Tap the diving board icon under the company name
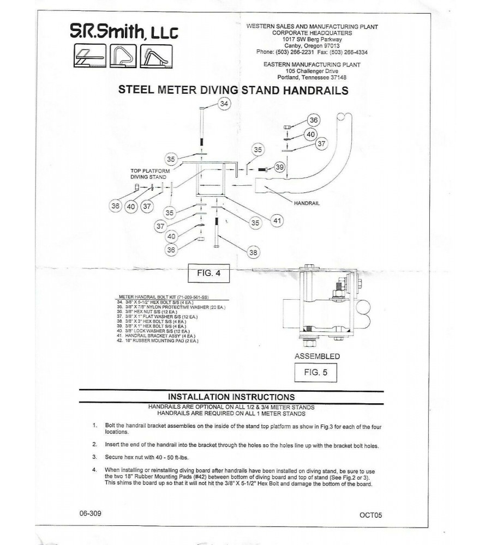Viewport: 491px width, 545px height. pos(88,56)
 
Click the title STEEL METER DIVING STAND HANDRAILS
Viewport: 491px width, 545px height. pos(233,90)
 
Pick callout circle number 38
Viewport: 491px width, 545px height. pos(253,252)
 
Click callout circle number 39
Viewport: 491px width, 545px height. pos(279,167)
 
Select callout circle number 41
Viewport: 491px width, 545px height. pos(278,221)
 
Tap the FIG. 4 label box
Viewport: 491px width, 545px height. pos(208,274)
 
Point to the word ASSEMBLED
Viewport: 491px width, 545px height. pos(317,356)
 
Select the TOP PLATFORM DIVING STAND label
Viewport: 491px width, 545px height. pos(148,173)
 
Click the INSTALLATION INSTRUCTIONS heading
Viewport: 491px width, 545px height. pos(232,397)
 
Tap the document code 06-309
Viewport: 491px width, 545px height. pos(89,513)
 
